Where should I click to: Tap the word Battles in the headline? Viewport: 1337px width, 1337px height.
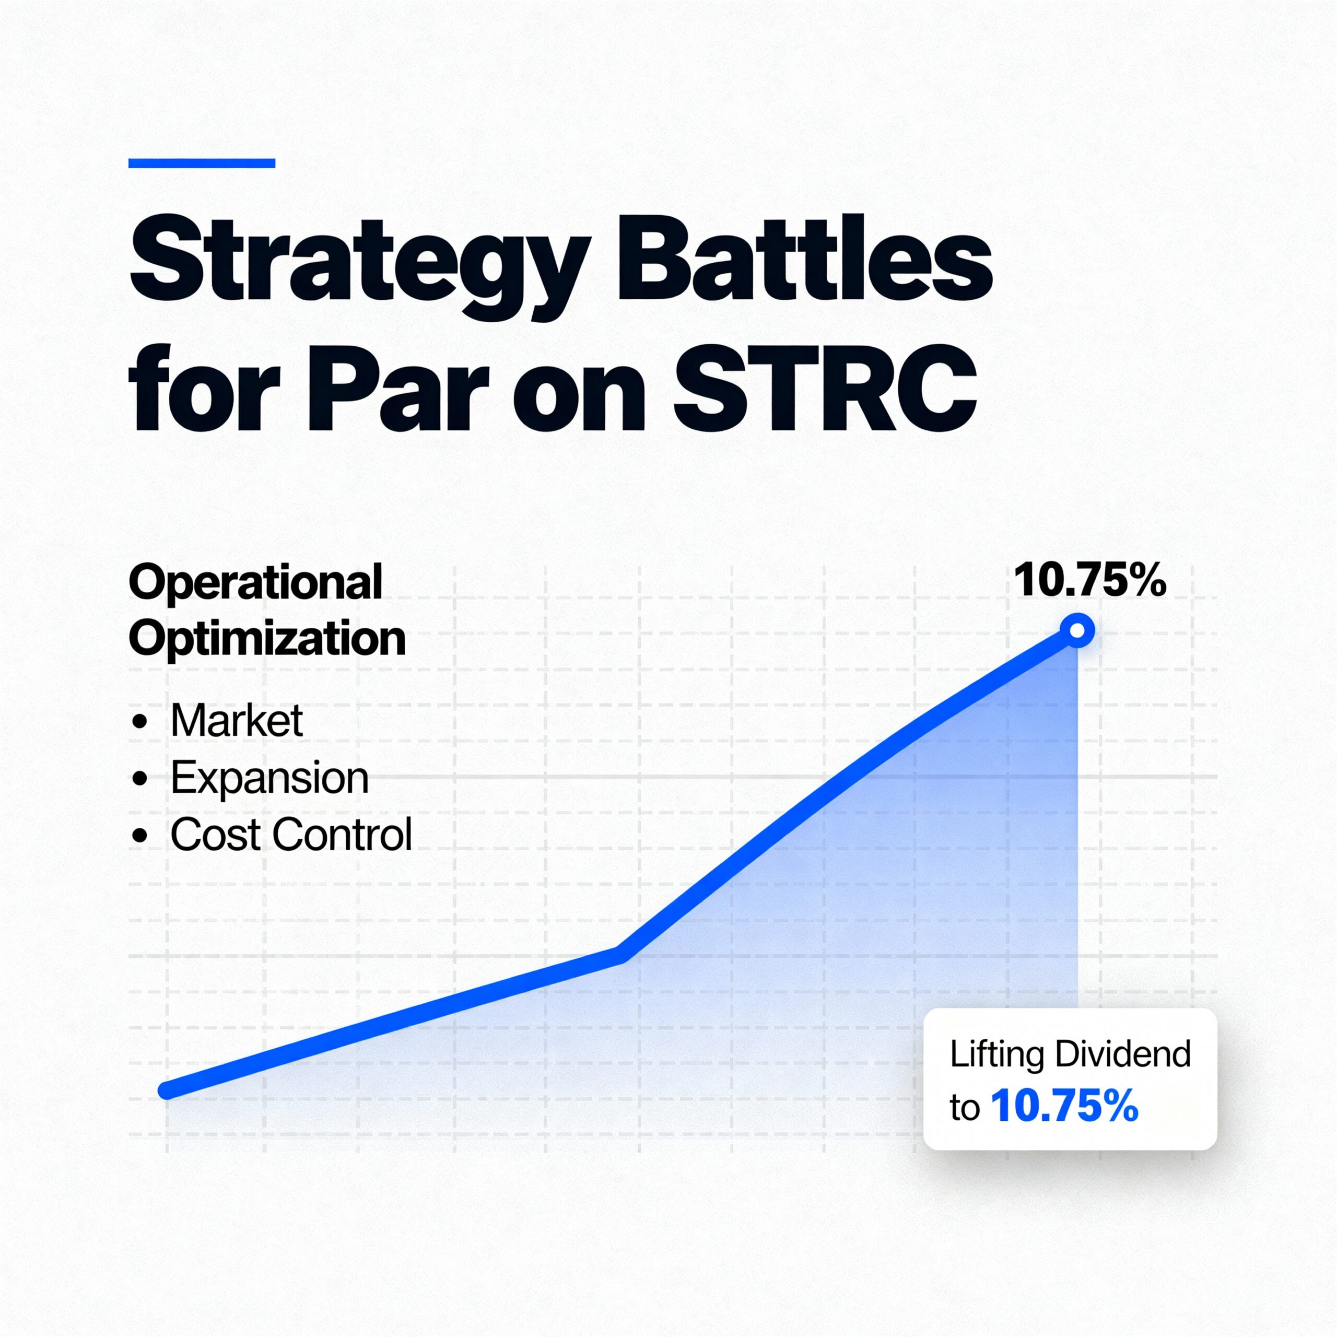[x=805, y=260]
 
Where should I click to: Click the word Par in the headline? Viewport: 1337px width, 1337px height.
[x=398, y=389]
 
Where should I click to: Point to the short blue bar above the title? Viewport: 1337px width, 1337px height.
[x=202, y=163]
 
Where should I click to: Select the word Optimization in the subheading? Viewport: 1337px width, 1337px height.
[x=267, y=639]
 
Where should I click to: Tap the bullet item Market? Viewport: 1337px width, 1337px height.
[x=237, y=720]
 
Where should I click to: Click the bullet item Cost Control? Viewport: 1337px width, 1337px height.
[x=291, y=834]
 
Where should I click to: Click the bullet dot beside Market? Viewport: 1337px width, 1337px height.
[x=140, y=722]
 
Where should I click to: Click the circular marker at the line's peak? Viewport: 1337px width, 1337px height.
[x=1077, y=630]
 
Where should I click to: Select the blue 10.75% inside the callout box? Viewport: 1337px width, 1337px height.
[x=1065, y=1106]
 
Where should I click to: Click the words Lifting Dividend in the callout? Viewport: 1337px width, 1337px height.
[x=1070, y=1054]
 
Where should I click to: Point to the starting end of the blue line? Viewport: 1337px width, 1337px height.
[x=166, y=1092]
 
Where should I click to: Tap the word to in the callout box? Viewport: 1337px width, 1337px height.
[x=965, y=1108]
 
